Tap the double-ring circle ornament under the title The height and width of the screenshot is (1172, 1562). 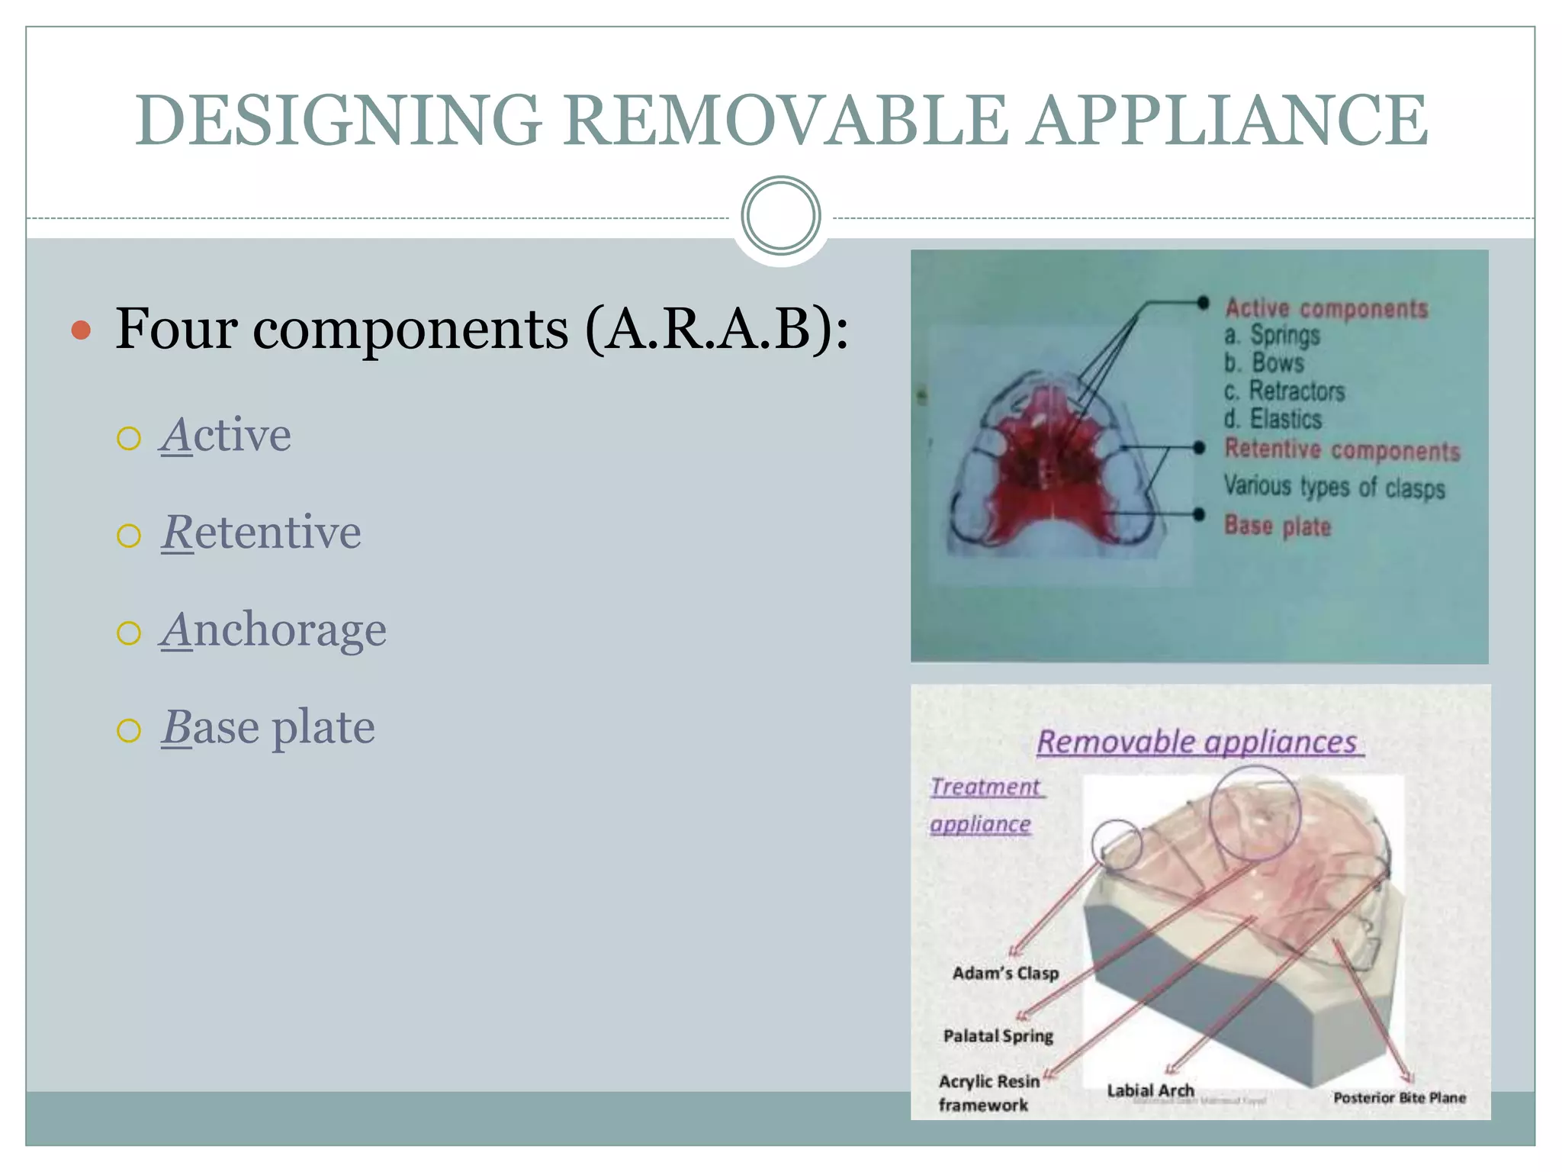[780, 216]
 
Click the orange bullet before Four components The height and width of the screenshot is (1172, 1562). [81, 330]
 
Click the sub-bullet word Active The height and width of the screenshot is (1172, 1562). [226, 436]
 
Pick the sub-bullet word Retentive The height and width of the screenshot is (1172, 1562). [261, 533]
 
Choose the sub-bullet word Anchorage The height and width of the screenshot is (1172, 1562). [273, 630]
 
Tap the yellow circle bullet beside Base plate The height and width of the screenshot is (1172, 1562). [129, 730]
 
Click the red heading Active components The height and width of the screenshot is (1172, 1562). [1326, 308]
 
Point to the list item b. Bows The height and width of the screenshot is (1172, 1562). [1264, 362]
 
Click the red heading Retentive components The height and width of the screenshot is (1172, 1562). [1342, 450]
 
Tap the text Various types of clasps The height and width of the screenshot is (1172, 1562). [1334, 487]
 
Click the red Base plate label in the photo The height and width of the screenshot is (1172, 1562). [1278, 526]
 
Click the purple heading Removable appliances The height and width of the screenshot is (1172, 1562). [1197, 742]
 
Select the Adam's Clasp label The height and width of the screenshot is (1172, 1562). [1005, 973]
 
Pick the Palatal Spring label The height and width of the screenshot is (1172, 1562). [998, 1035]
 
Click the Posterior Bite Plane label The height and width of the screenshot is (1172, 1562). [1399, 1098]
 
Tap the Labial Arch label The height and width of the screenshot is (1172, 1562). [1150, 1090]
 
